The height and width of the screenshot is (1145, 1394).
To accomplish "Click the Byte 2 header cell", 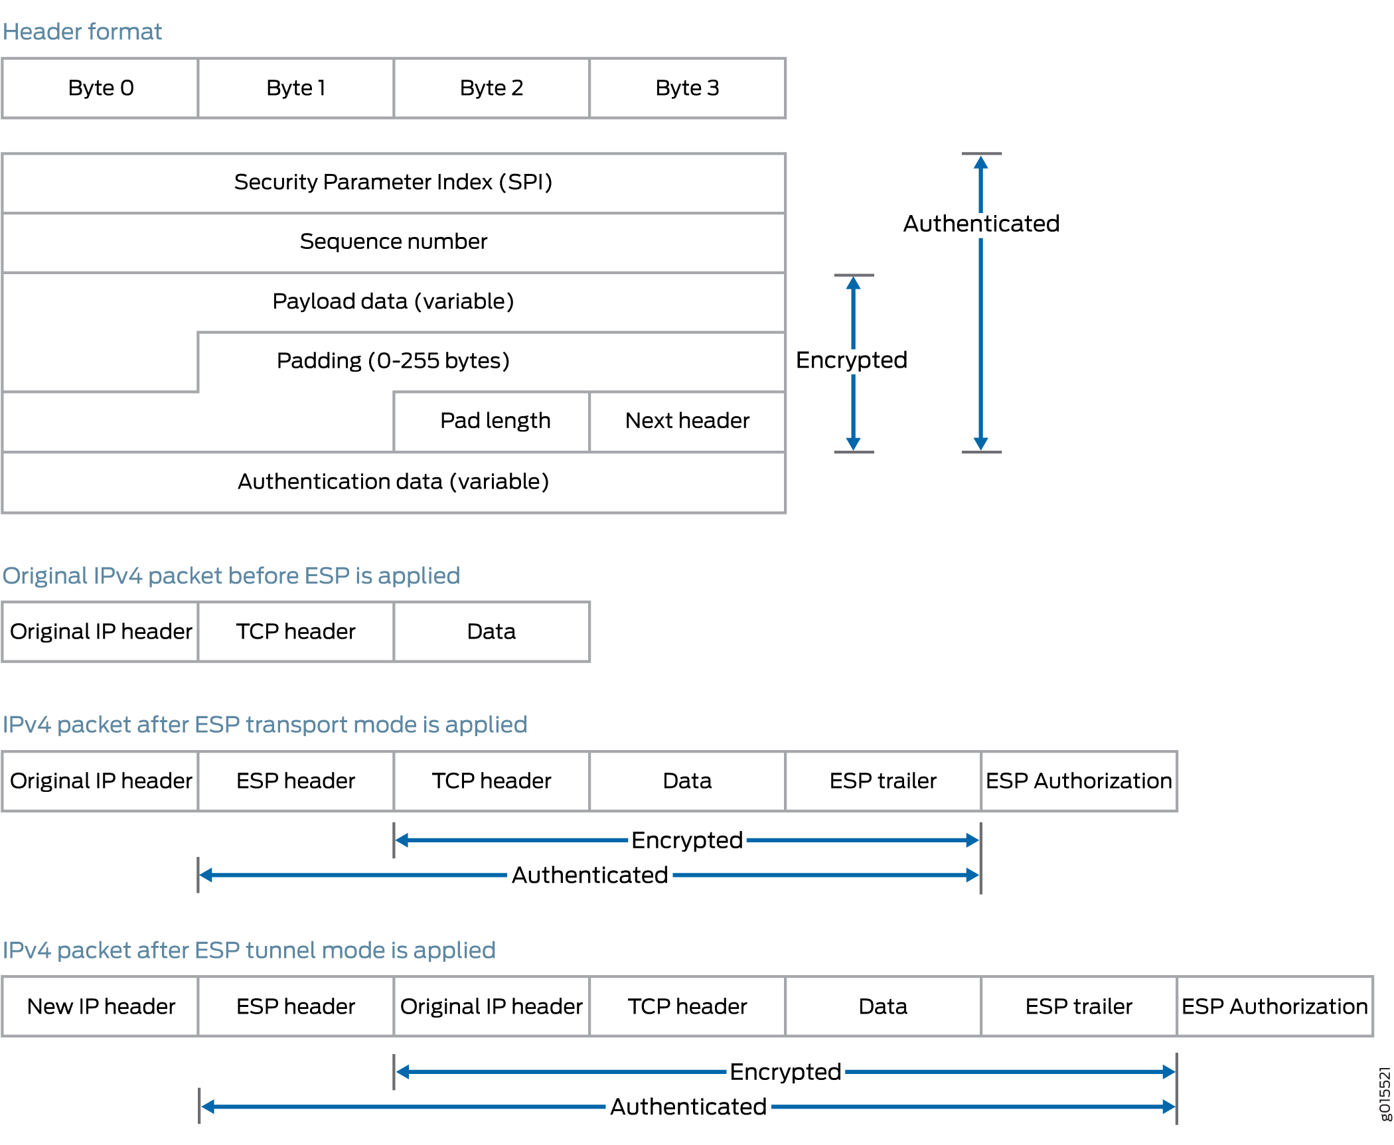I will pyautogui.click(x=491, y=88).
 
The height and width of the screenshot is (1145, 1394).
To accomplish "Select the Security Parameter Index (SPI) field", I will pyautogui.click(x=393, y=183).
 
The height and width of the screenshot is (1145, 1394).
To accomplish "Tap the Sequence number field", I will pyautogui.click(x=393, y=242).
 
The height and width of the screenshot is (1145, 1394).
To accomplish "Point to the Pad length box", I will pyautogui.click(x=495, y=421).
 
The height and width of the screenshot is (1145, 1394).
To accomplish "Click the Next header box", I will pyautogui.click(x=687, y=421).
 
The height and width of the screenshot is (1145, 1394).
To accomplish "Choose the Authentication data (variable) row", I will pyautogui.click(x=393, y=482).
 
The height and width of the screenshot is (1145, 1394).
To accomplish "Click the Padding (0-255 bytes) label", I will pyautogui.click(x=393, y=361).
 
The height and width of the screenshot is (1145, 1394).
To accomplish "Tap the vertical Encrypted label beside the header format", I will pyautogui.click(x=851, y=360).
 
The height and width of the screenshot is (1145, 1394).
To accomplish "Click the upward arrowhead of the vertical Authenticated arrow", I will pyautogui.click(x=980, y=162).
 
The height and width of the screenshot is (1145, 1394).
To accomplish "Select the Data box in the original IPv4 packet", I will pyautogui.click(x=491, y=632).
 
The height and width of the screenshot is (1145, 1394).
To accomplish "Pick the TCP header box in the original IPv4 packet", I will pyautogui.click(x=295, y=632).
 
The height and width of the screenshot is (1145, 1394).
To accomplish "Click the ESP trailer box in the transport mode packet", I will pyautogui.click(x=883, y=781).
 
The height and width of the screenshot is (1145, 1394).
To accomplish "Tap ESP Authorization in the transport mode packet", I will pyautogui.click(x=1079, y=781).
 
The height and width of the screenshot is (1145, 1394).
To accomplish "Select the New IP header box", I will pyautogui.click(x=101, y=1007).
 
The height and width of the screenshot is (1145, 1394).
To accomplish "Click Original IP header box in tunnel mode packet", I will pyautogui.click(x=491, y=1007).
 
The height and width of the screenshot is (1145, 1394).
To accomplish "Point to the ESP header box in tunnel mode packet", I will pyautogui.click(x=295, y=1007).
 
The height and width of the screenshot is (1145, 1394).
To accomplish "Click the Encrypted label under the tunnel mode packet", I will pyautogui.click(x=785, y=1072).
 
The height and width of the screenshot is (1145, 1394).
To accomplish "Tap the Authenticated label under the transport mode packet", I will pyautogui.click(x=589, y=876).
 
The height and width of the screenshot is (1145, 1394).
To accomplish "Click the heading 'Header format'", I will pyautogui.click(x=82, y=32).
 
